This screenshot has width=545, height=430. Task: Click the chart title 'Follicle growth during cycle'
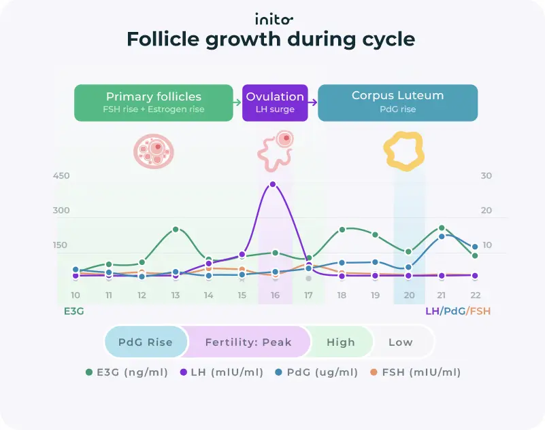tap(271, 40)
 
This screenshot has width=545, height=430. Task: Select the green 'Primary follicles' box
tap(153, 103)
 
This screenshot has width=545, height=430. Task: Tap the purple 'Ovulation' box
tap(275, 103)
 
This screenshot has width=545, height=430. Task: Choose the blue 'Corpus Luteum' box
tap(397, 103)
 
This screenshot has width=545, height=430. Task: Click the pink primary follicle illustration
tap(153, 151)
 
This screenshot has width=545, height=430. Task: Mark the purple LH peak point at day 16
tap(273, 184)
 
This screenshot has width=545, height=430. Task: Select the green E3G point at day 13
tap(176, 230)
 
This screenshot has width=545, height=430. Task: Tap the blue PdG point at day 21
tap(442, 236)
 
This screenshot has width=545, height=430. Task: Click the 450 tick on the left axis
tap(61, 176)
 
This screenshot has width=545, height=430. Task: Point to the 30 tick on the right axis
tap(486, 176)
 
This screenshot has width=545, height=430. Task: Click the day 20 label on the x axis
tap(409, 295)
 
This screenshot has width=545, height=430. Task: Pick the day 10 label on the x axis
tap(76, 295)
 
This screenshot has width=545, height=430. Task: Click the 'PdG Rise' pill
tap(145, 342)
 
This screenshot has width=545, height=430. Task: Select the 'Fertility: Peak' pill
tap(248, 342)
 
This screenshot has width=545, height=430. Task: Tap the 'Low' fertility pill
tap(400, 342)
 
